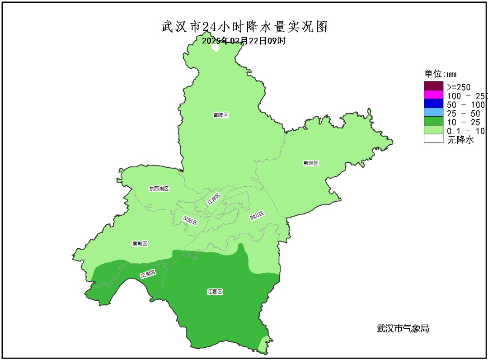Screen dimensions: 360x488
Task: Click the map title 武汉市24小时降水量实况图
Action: pyautogui.click(x=244, y=27)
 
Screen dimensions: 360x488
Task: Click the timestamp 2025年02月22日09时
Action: pyautogui.click(x=244, y=40)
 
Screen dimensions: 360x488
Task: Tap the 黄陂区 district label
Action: pyautogui.click(x=221, y=115)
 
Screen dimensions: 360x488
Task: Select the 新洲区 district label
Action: pyautogui.click(x=311, y=163)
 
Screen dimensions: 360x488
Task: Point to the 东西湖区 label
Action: pyautogui.click(x=159, y=188)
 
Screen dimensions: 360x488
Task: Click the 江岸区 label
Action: pyautogui.click(x=213, y=199)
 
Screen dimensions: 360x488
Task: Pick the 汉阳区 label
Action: pyautogui.click(x=190, y=220)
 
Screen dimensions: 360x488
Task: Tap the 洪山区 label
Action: pyautogui.click(x=256, y=216)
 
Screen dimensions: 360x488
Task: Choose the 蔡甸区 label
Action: pyautogui.click(x=140, y=243)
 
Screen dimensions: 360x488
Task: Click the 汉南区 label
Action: pyautogui.click(x=148, y=274)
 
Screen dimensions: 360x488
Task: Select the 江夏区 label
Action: pyautogui.click(x=215, y=292)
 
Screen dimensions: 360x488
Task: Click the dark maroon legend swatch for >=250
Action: pyautogui.click(x=433, y=86)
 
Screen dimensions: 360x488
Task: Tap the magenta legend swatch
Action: pyautogui.click(x=433, y=95)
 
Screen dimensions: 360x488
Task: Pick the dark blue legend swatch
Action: pyautogui.click(x=433, y=104)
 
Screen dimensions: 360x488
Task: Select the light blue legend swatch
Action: pyautogui.click(x=433, y=113)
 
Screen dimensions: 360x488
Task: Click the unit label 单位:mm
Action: pyautogui.click(x=441, y=74)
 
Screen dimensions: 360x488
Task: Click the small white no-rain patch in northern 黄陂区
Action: pyautogui.click(x=215, y=48)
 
